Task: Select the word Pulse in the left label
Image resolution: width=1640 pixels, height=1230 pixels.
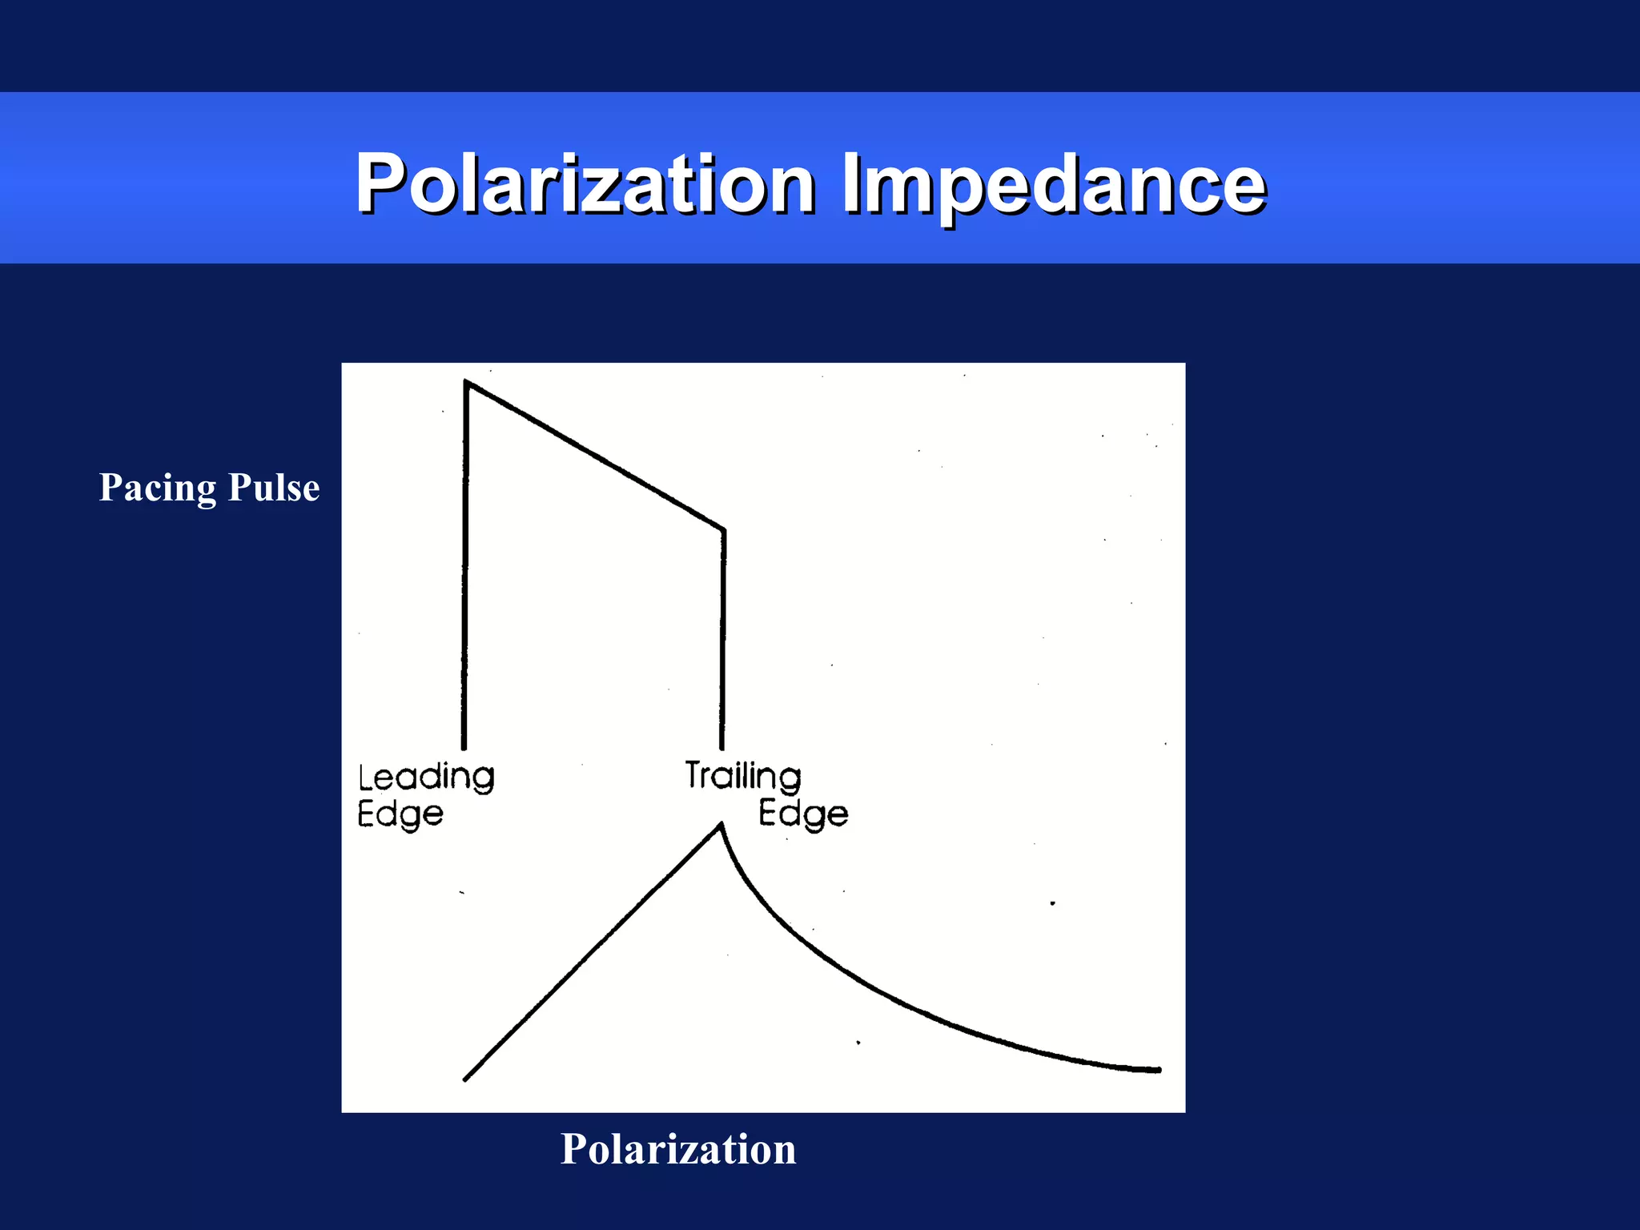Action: (274, 488)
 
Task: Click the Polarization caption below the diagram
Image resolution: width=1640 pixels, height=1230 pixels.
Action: (678, 1148)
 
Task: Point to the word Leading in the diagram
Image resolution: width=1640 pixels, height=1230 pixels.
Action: (426, 778)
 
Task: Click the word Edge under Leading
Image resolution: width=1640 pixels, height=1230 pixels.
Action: (400, 814)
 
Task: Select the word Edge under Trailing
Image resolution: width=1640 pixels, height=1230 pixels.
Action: (803, 814)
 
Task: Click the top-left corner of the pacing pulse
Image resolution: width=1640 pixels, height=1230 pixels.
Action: (467, 384)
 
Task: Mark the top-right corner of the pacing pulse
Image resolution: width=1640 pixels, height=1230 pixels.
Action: (723, 529)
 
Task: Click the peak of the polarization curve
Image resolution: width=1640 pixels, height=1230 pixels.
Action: (721, 825)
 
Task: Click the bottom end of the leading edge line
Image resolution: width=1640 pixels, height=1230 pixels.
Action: (464, 747)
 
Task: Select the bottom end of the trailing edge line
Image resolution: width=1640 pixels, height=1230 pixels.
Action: (722, 747)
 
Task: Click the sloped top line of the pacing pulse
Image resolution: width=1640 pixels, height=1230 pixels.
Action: (595, 456)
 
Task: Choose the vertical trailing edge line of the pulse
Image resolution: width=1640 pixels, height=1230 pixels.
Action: (723, 641)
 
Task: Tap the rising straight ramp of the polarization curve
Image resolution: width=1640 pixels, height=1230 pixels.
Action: (593, 953)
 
